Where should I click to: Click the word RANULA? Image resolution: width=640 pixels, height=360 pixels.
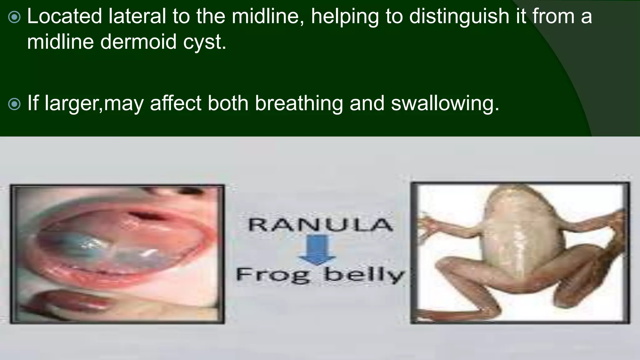320,225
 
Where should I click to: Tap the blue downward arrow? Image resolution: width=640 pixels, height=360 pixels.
317,250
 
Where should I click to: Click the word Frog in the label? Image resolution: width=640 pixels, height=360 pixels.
273,275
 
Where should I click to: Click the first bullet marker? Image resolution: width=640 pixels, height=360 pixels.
14,17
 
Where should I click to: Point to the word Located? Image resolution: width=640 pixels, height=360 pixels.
64,16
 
